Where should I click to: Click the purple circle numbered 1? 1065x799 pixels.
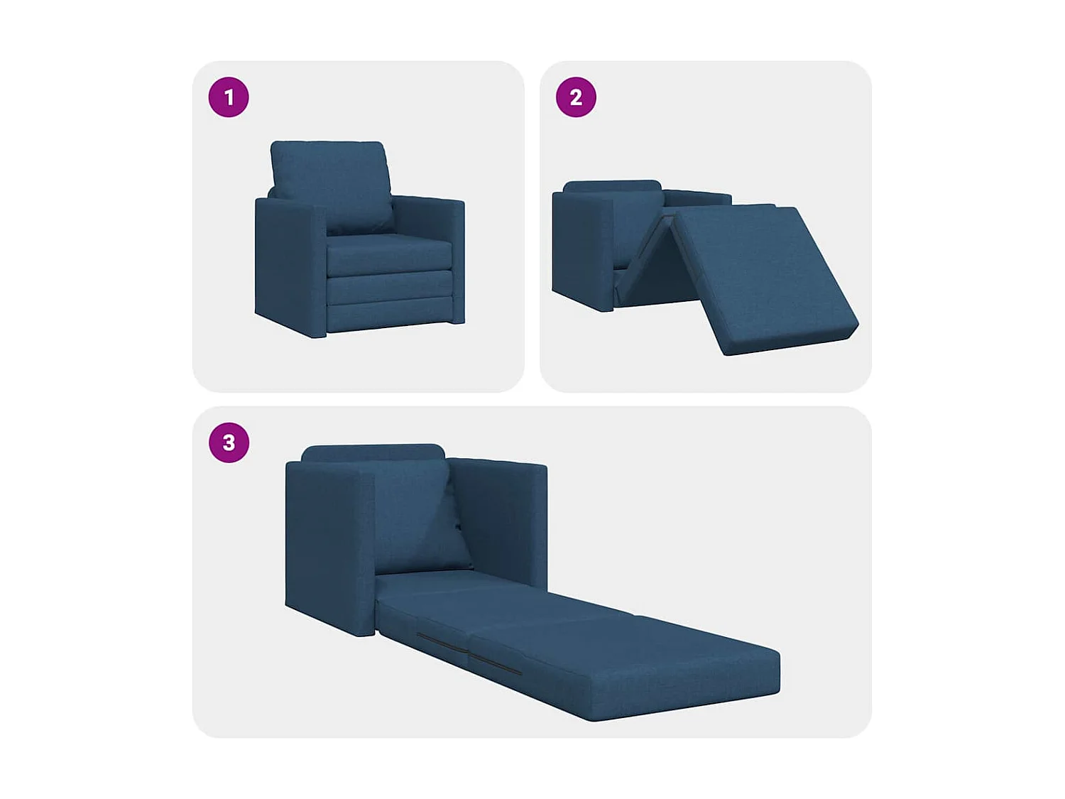click(229, 97)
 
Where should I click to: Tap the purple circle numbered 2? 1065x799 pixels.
click(576, 97)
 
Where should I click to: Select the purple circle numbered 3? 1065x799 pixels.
click(229, 442)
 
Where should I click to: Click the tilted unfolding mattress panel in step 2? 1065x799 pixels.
click(760, 277)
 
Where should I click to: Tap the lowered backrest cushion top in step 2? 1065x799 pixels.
click(612, 186)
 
